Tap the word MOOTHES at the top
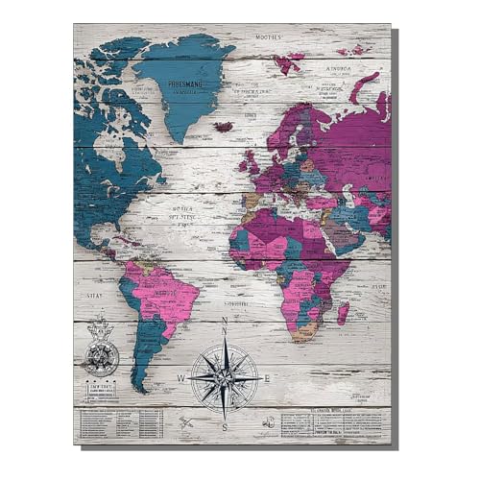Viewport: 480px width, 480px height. pos(268,36)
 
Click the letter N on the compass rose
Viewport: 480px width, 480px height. pos(224,322)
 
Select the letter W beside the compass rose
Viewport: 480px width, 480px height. pos(180,379)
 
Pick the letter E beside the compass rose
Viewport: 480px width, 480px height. pos(268,378)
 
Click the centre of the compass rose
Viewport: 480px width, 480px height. pos(224,379)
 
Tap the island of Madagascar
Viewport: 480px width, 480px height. pos(343,312)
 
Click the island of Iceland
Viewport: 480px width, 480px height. pos(223,126)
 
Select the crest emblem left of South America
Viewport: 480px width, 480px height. pos(99,348)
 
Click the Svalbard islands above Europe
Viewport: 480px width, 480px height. pos(287,61)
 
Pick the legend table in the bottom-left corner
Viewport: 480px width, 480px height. pos(120,422)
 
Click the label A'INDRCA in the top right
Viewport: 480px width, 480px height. pos(341,70)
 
